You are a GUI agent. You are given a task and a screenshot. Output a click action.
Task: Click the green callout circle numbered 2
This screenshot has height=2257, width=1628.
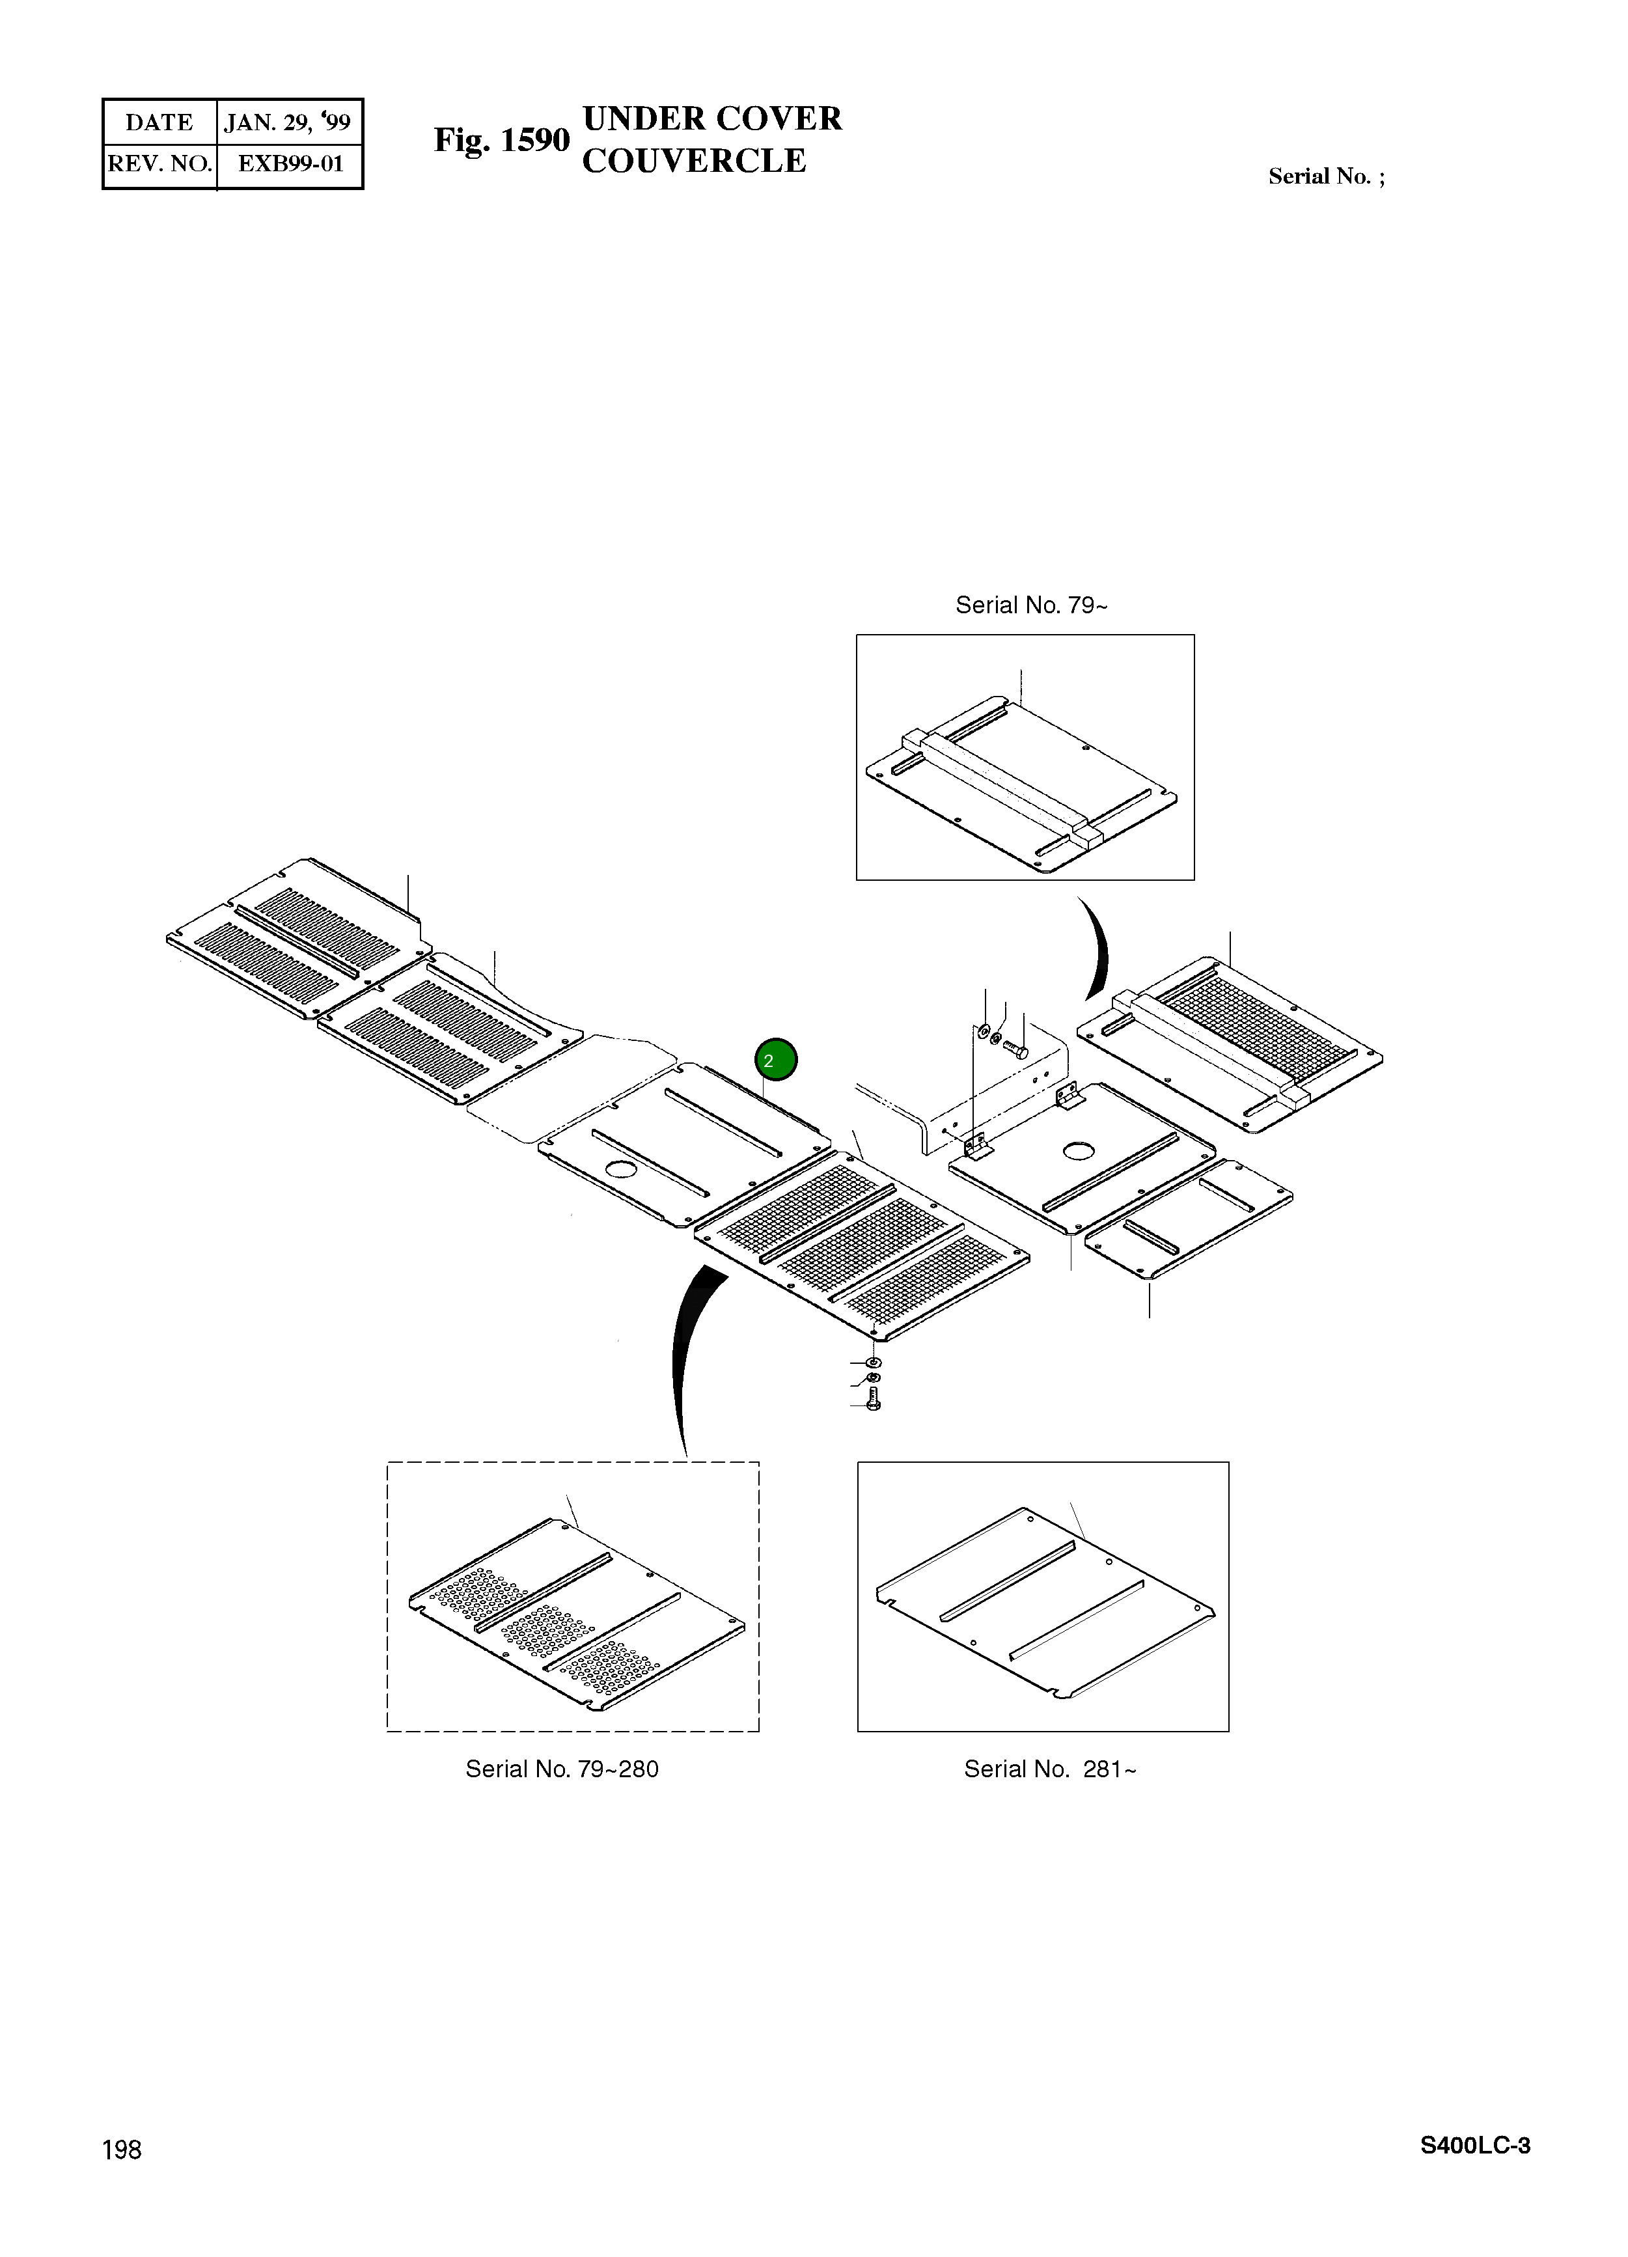click(775, 1060)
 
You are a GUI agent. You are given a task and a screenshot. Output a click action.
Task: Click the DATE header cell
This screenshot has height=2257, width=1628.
click(159, 122)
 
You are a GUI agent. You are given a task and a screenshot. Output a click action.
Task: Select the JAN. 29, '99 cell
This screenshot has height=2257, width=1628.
click(288, 122)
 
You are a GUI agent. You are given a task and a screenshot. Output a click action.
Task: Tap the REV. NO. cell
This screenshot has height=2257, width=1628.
click(159, 164)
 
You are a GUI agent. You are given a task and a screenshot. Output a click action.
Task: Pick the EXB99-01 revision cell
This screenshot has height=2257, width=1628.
click(290, 164)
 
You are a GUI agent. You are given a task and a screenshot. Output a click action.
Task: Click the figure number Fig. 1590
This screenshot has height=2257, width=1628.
click(501, 141)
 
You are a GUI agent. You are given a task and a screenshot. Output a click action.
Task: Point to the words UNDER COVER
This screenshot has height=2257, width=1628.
click(711, 118)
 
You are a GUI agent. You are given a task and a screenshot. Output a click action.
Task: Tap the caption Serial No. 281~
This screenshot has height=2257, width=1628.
click(1049, 1768)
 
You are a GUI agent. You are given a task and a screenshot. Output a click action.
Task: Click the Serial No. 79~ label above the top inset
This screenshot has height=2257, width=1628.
click(1031, 605)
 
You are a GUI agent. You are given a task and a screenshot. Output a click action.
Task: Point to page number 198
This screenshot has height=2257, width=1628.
click(122, 2150)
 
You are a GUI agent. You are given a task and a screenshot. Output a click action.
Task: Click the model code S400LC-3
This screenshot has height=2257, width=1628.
click(1475, 2146)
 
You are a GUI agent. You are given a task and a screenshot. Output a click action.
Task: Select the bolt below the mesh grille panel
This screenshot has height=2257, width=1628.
click(875, 1401)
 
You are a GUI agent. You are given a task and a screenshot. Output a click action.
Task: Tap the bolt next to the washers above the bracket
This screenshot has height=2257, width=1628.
click(1016, 1048)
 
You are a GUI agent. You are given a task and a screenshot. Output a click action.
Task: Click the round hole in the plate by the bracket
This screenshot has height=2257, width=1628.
click(1076, 1152)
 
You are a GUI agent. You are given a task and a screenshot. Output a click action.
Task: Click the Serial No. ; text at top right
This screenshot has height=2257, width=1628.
click(1325, 177)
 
